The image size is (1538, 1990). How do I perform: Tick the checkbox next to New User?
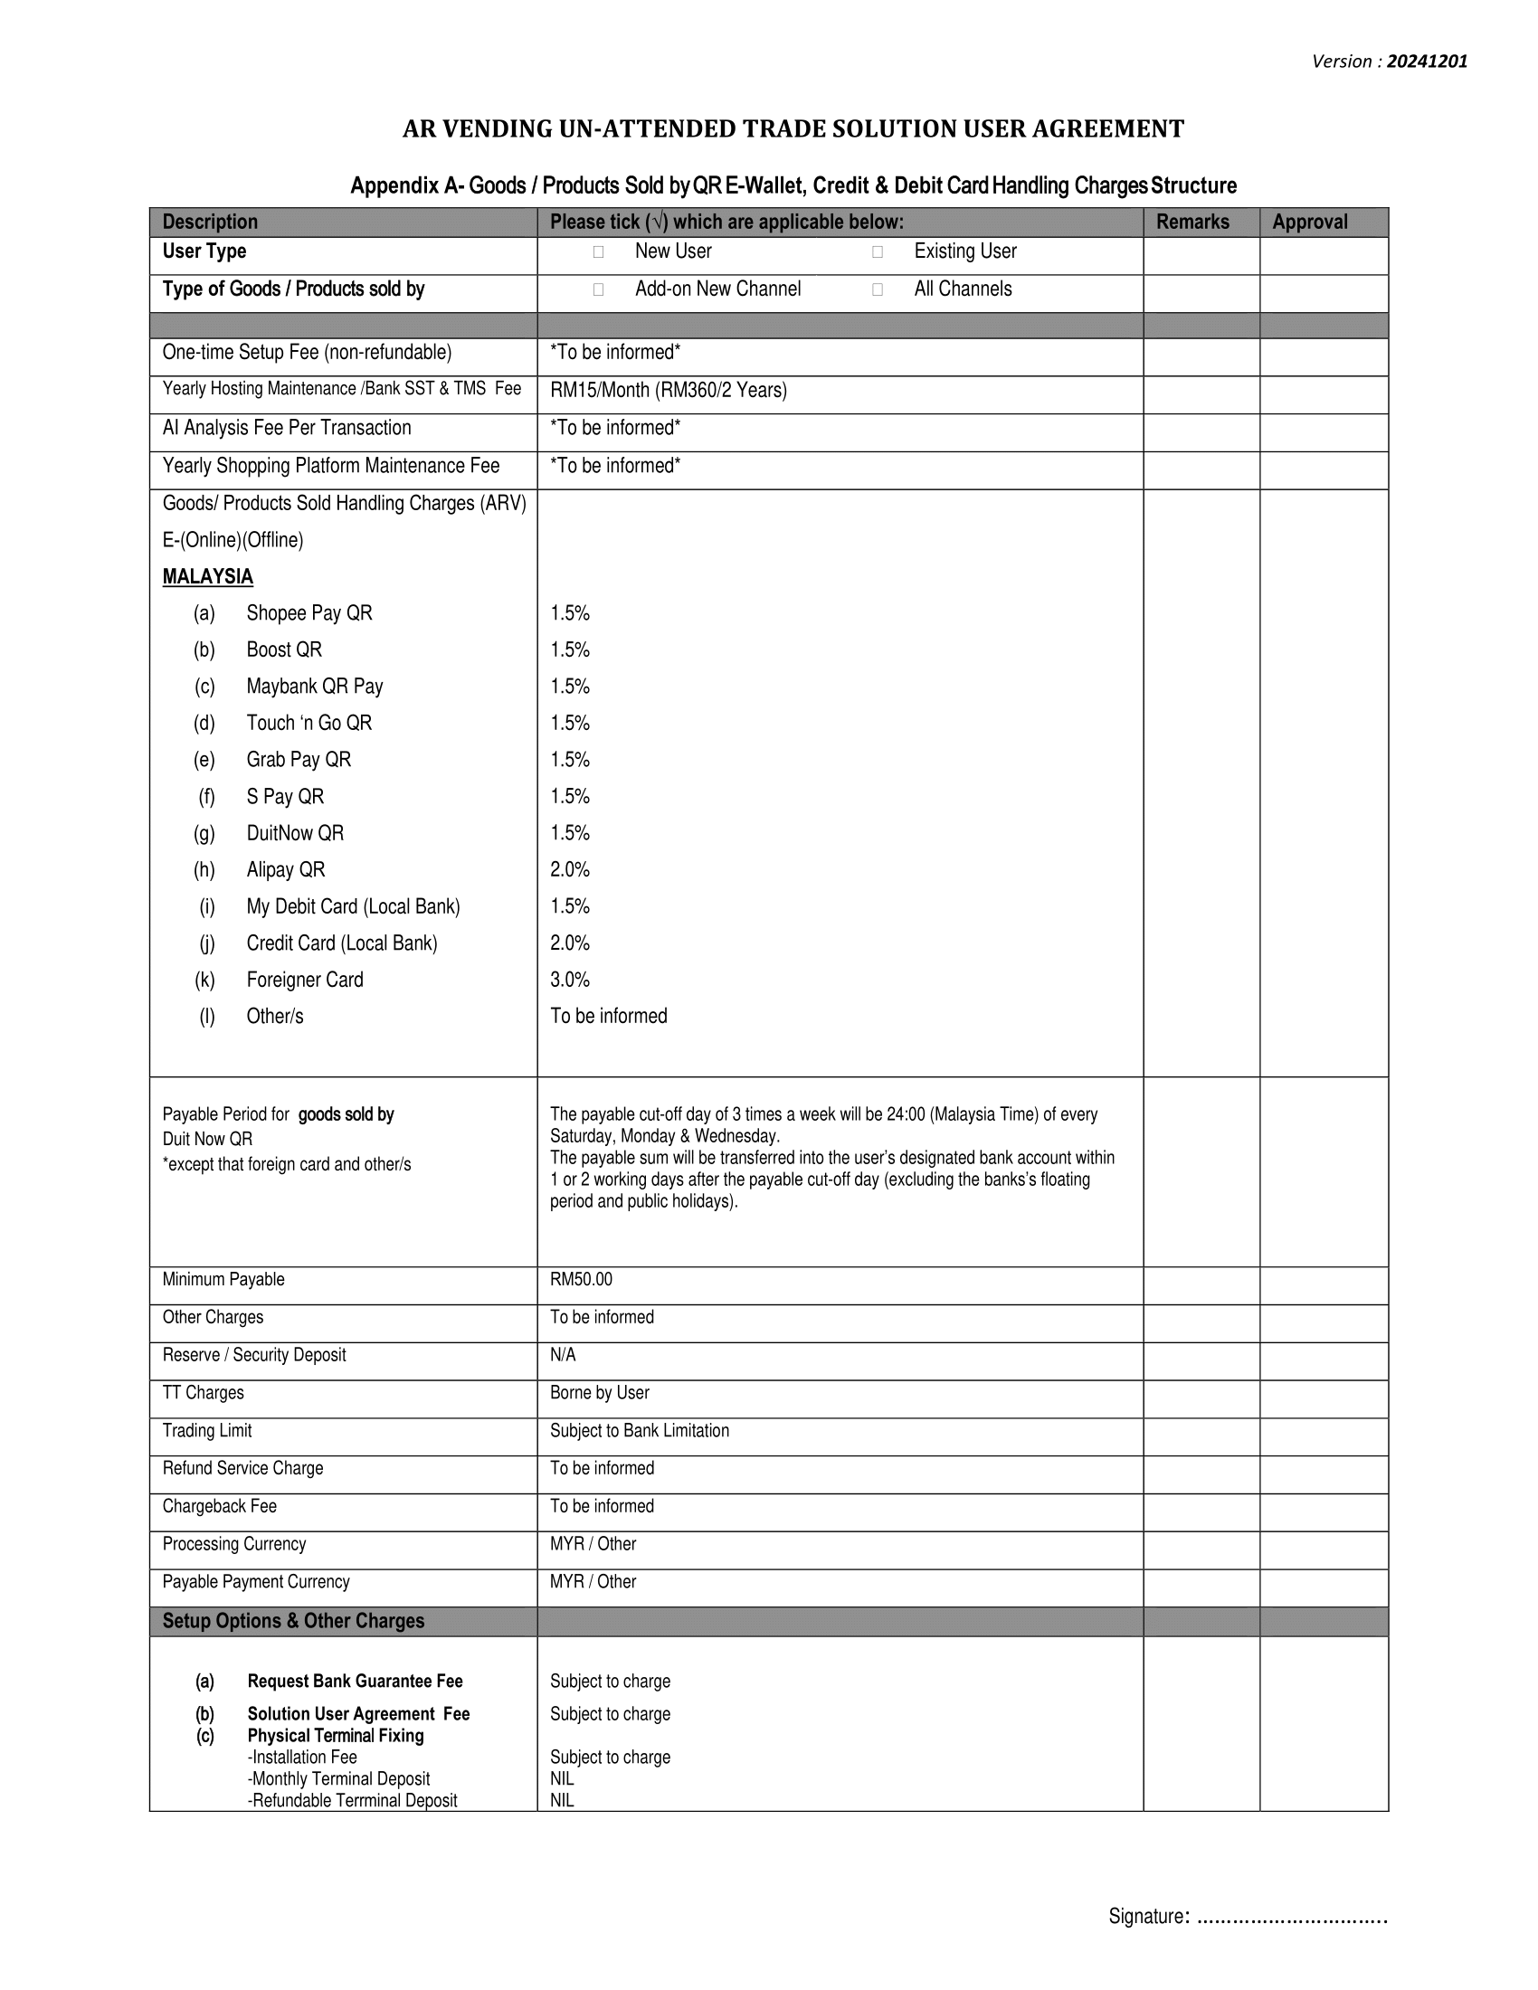pyautogui.click(x=598, y=252)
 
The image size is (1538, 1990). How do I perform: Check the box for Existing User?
pyautogui.click(x=877, y=252)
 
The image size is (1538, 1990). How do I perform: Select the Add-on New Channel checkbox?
pyautogui.click(x=598, y=289)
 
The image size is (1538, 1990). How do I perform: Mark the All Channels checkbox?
pyautogui.click(x=877, y=289)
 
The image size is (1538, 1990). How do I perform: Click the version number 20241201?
pyautogui.click(x=1427, y=62)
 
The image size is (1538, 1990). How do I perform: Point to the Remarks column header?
pyautogui.click(x=1191, y=223)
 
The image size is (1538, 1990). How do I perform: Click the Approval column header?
pyautogui.click(x=1309, y=223)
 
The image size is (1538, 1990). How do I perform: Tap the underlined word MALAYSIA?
pyautogui.click(x=208, y=577)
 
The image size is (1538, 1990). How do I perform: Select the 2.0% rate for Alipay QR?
pyautogui.click(x=569, y=870)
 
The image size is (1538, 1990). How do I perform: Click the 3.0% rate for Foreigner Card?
pyautogui.click(x=569, y=980)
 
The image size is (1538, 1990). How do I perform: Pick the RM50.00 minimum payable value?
pyautogui.click(x=581, y=1279)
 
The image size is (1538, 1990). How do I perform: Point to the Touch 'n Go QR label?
pyautogui.click(x=309, y=724)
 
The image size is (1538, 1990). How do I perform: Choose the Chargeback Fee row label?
pyautogui.click(x=219, y=1506)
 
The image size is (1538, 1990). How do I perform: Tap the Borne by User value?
pyautogui.click(x=599, y=1393)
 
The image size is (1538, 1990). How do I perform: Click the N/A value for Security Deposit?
pyautogui.click(x=562, y=1355)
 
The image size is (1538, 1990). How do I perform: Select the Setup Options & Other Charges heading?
pyautogui.click(x=292, y=1621)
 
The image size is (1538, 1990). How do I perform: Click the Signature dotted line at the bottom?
pyautogui.click(x=1290, y=1916)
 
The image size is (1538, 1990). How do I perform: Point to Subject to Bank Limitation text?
pyautogui.click(x=639, y=1431)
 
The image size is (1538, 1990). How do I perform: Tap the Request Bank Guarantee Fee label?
pyautogui.click(x=355, y=1682)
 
